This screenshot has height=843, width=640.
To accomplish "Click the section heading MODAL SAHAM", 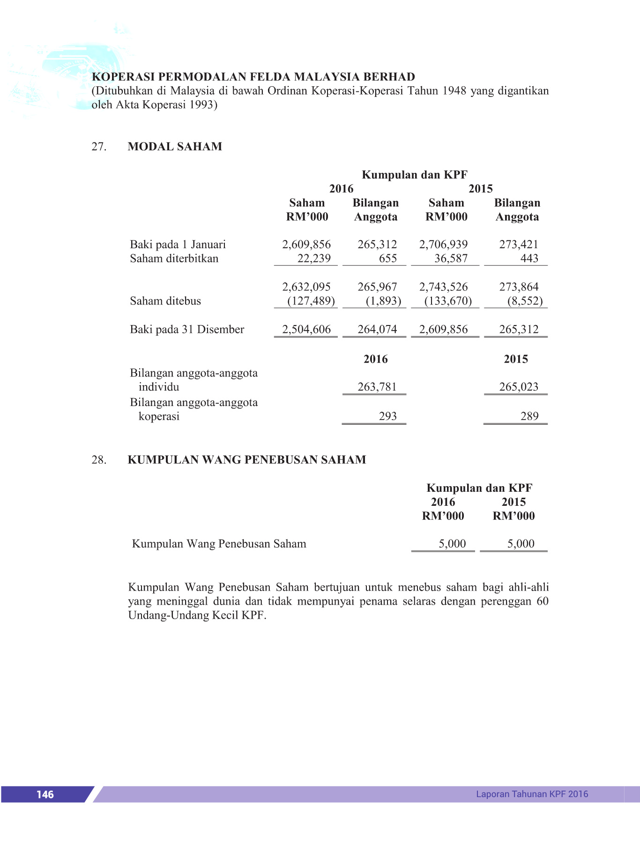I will click(x=175, y=147).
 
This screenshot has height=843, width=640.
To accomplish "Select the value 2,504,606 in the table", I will click(x=306, y=329).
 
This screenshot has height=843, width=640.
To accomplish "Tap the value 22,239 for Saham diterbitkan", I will click(x=314, y=259).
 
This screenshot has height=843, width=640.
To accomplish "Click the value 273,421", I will click(x=519, y=244).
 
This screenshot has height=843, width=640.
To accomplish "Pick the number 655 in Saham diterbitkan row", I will click(x=388, y=259).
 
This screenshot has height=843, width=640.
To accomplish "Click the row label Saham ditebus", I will click(x=165, y=301).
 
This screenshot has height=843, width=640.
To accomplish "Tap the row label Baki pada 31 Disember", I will click(x=187, y=330).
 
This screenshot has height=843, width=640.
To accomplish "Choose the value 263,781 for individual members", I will click(x=377, y=387).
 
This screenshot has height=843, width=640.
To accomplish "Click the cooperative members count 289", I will click(x=529, y=416).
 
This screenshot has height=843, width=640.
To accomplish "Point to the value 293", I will click(x=388, y=416).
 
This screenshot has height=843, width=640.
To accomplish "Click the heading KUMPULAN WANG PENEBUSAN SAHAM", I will click(x=247, y=460).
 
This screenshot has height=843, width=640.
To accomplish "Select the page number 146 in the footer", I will click(x=45, y=794).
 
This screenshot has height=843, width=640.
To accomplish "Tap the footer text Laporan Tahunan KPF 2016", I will click(x=532, y=794).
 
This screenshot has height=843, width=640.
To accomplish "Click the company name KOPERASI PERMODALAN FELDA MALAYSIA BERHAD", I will click(x=253, y=77).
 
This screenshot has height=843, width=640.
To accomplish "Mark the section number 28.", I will click(x=99, y=460).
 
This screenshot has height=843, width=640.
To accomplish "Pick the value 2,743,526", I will click(x=443, y=287).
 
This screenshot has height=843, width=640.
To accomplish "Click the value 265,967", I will click(x=377, y=287).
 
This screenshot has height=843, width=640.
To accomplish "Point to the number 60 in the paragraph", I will click(x=543, y=601).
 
